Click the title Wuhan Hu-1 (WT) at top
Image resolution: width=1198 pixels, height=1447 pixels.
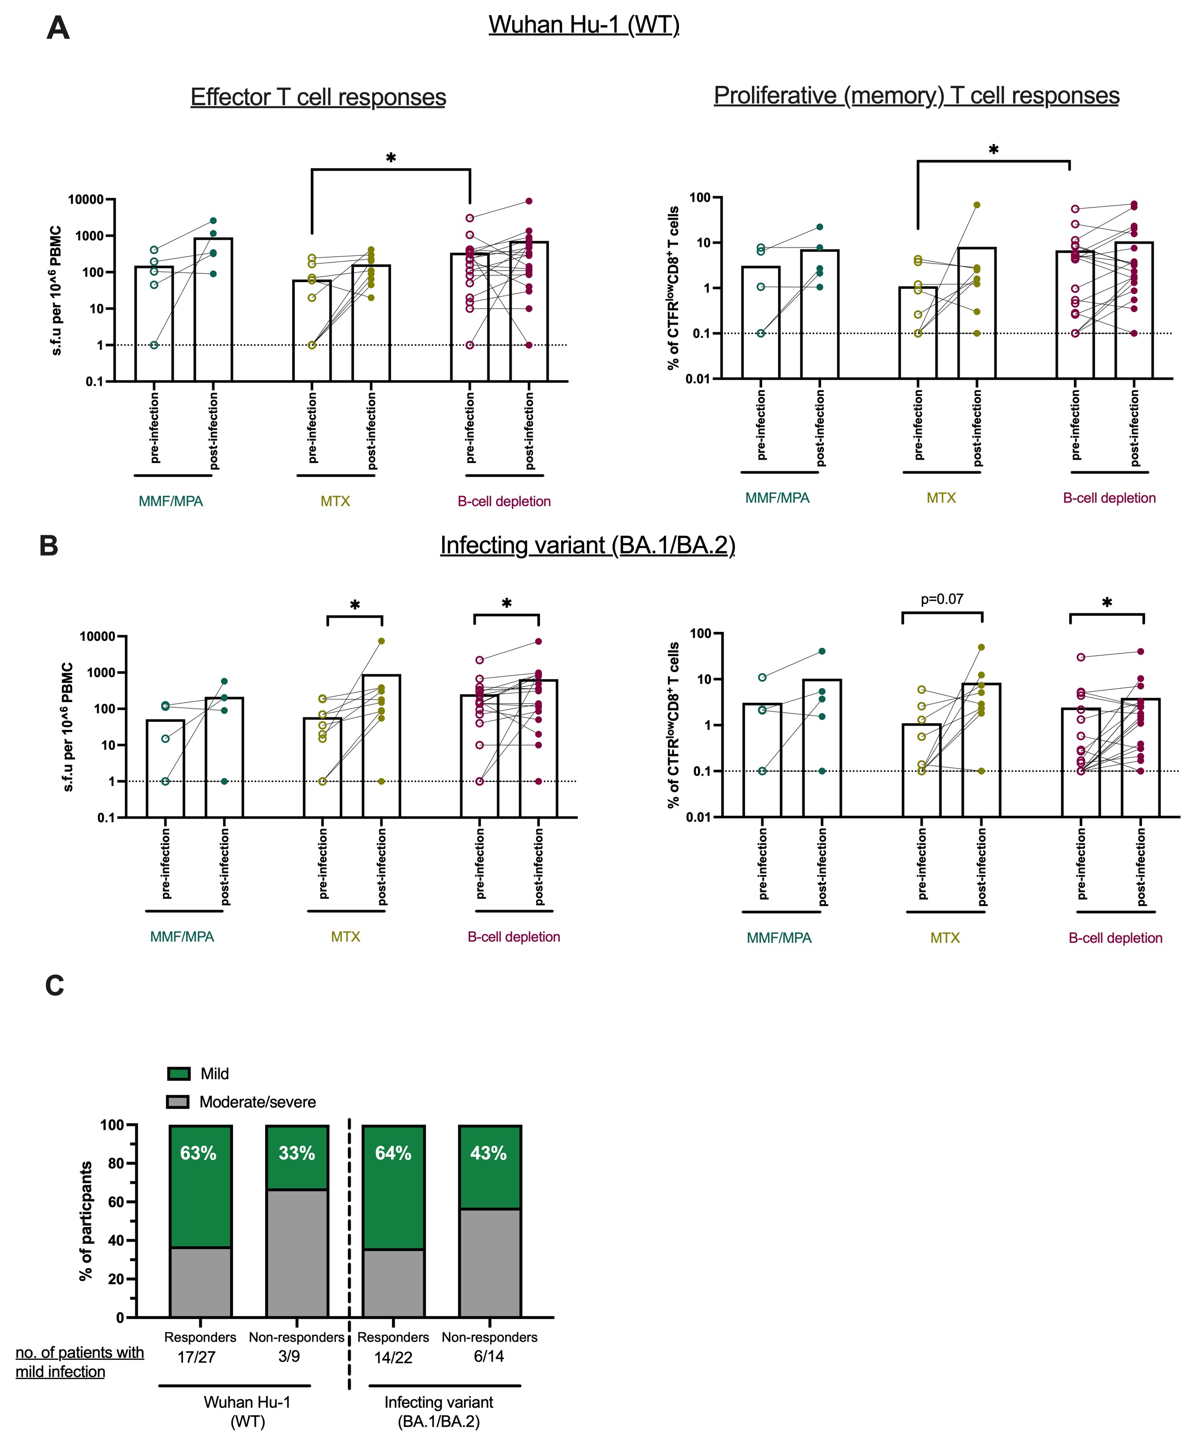click(x=584, y=25)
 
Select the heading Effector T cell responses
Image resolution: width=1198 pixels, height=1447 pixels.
click(x=318, y=97)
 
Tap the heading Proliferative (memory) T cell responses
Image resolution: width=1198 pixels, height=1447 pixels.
click(x=916, y=95)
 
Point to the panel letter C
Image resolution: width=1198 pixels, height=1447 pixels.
click(x=54, y=986)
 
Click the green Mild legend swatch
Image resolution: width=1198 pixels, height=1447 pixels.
click(x=179, y=1073)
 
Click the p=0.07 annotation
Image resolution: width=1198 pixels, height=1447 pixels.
click(x=942, y=599)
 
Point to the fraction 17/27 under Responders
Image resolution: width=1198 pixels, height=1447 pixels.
click(x=197, y=1357)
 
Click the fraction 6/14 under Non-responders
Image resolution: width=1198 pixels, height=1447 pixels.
click(x=488, y=1357)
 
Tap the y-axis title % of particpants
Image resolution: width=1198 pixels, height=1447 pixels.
click(x=86, y=1221)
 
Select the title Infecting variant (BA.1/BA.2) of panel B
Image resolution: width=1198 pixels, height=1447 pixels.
click(x=588, y=545)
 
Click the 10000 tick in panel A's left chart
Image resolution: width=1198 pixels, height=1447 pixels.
click(x=86, y=200)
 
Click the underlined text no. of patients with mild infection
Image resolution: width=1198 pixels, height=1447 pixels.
click(x=80, y=1362)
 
